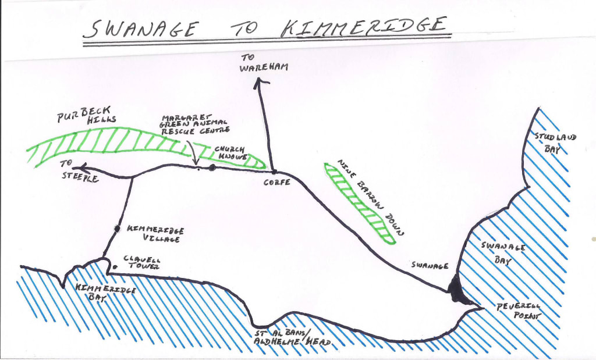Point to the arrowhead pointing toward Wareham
pyautogui.click(x=258, y=82)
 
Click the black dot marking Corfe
pyautogui.click(x=273, y=172)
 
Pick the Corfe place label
pyautogui.click(x=277, y=183)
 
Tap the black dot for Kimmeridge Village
pyautogui.click(x=117, y=229)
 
